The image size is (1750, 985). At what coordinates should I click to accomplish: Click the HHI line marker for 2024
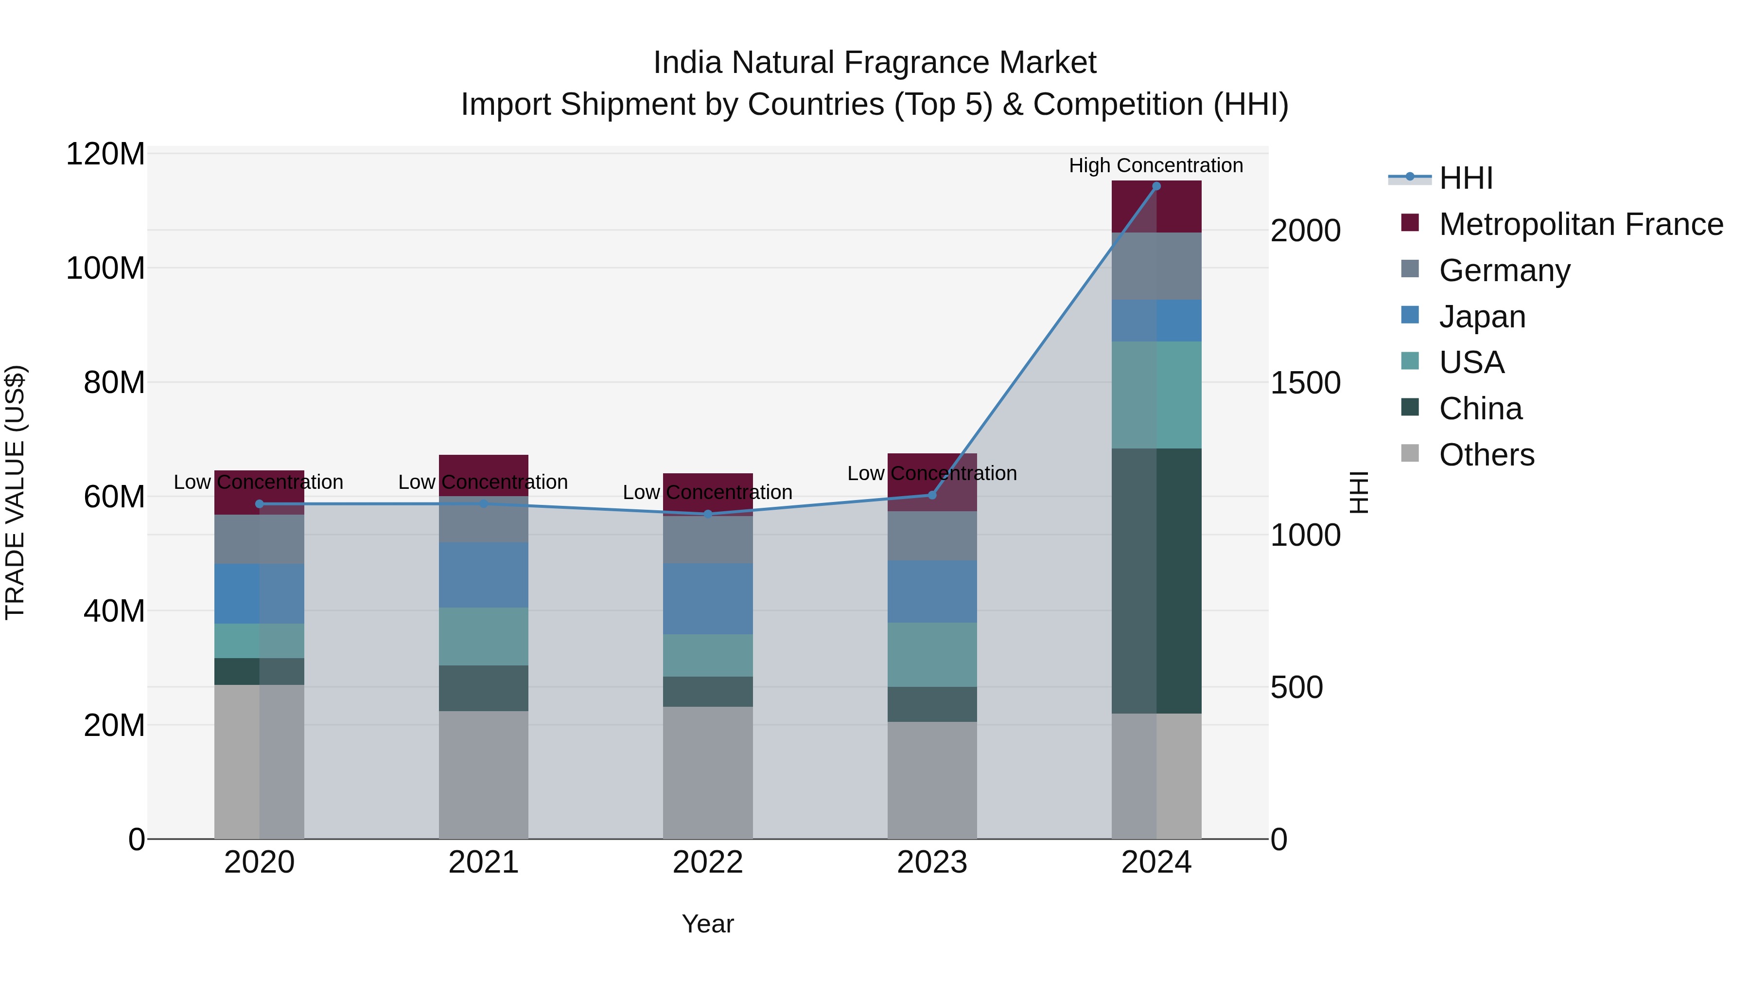(x=1156, y=186)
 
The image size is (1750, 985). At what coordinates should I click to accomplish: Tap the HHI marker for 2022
(x=708, y=514)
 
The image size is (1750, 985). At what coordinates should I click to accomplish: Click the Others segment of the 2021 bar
(x=483, y=774)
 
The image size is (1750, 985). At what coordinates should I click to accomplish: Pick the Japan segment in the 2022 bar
(x=708, y=598)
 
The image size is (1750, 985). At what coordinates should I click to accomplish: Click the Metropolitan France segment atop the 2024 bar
(x=1156, y=207)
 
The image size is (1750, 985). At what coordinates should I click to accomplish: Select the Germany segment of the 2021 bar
(x=483, y=519)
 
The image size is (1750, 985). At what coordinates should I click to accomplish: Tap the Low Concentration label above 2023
(x=931, y=473)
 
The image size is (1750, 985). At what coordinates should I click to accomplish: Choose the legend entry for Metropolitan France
(x=1580, y=224)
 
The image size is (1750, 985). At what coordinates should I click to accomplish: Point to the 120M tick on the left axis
(x=105, y=154)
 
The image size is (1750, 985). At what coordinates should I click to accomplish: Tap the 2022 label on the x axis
(x=708, y=862)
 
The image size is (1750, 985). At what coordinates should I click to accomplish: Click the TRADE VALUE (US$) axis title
(x=15, y=492)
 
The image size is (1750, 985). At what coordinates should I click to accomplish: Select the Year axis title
(x=708, y=924)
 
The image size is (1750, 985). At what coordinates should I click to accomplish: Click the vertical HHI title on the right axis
(x=1358, y=492)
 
